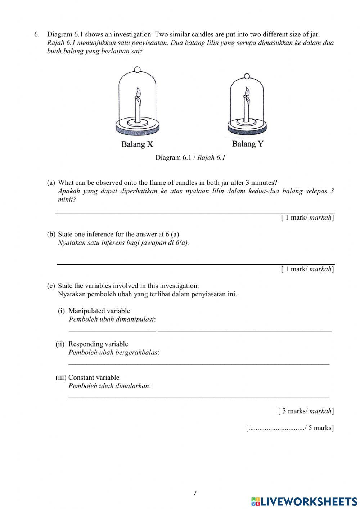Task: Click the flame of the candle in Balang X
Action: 138,92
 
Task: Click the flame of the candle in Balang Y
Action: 247,91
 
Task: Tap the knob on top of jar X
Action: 137,70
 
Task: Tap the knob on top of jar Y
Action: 247,76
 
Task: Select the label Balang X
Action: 137,144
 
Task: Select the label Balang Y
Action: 248,144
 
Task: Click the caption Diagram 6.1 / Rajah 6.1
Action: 190,157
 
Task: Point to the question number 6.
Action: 36,35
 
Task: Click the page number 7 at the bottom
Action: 195,493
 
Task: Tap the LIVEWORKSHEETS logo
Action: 304,501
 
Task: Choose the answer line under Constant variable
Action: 199,397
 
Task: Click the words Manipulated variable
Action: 99,311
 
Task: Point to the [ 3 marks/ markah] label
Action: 306,411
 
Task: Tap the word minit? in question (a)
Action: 67,200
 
